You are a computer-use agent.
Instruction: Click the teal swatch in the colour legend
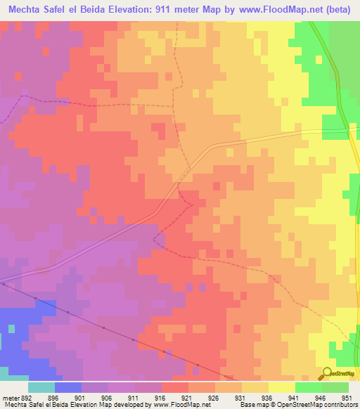(x=41, y=387)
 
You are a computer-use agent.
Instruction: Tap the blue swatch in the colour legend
(x=67, y=387)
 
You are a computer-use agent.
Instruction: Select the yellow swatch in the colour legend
(x=281, y=387)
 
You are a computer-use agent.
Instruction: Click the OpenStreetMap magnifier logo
(x=326, y=374)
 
